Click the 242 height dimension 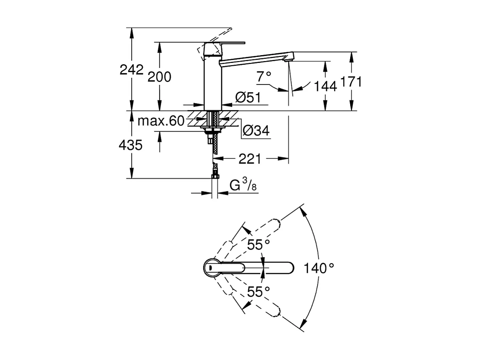pos(131,70)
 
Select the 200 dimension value pos(159,77)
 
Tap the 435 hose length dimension pos(131,145)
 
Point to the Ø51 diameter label pos(248,97)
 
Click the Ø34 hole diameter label pos(256,131)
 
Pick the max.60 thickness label pos(161,121)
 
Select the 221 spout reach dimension pos(250,159)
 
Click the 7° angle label pos(264,77)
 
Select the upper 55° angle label pos(258,245)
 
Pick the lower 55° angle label pos(258,291)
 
